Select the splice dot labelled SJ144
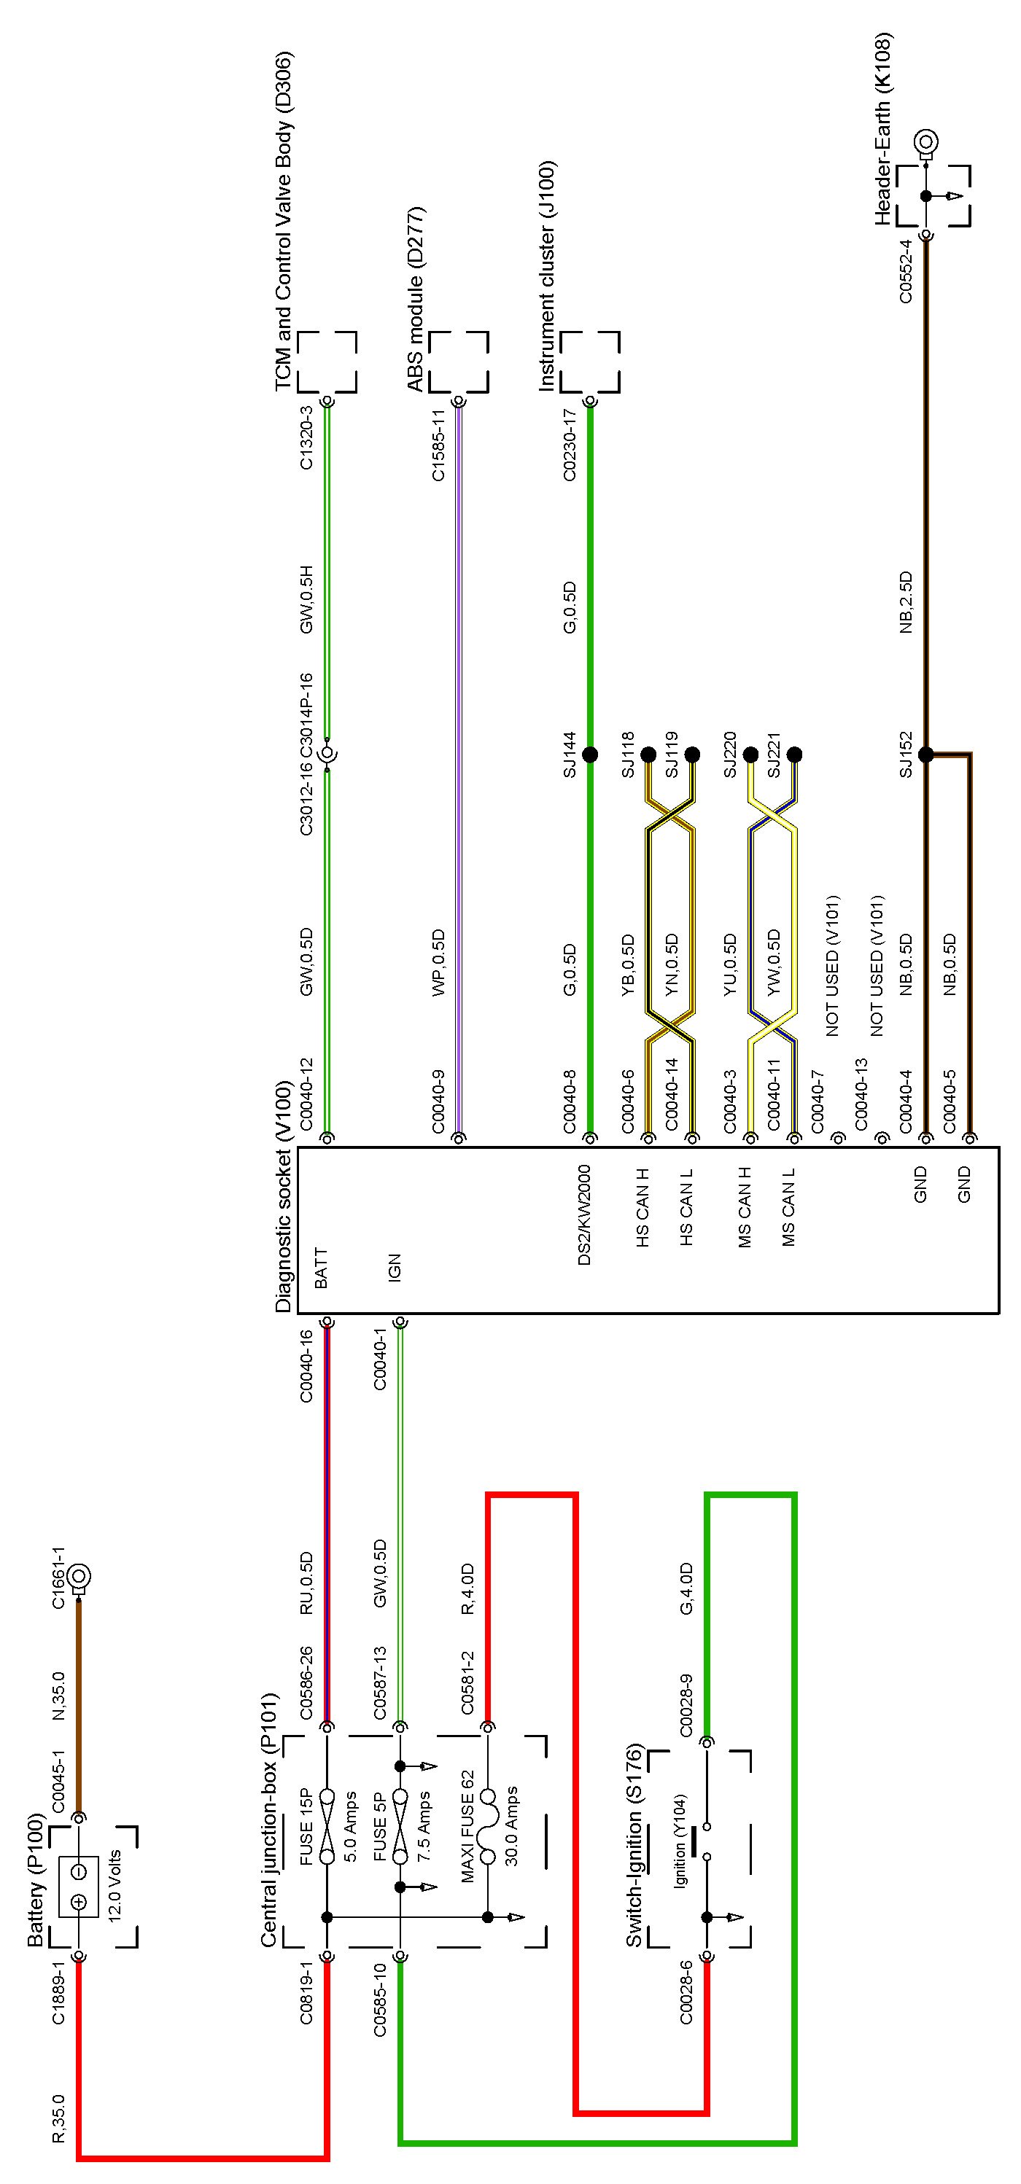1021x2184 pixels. tap(590, 754)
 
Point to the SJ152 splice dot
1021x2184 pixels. tap(926, 754)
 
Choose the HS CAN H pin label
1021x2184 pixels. tap(643, 1207)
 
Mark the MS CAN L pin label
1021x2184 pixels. tap(788, 1207)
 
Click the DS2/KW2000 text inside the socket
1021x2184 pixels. tap(584, 1215)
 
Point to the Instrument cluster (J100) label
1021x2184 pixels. tap(547, 276)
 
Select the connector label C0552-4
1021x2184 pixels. tap(906, 270)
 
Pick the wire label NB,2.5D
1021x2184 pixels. tap(906, 603)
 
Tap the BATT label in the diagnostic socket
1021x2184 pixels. tap(321, 1268)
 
